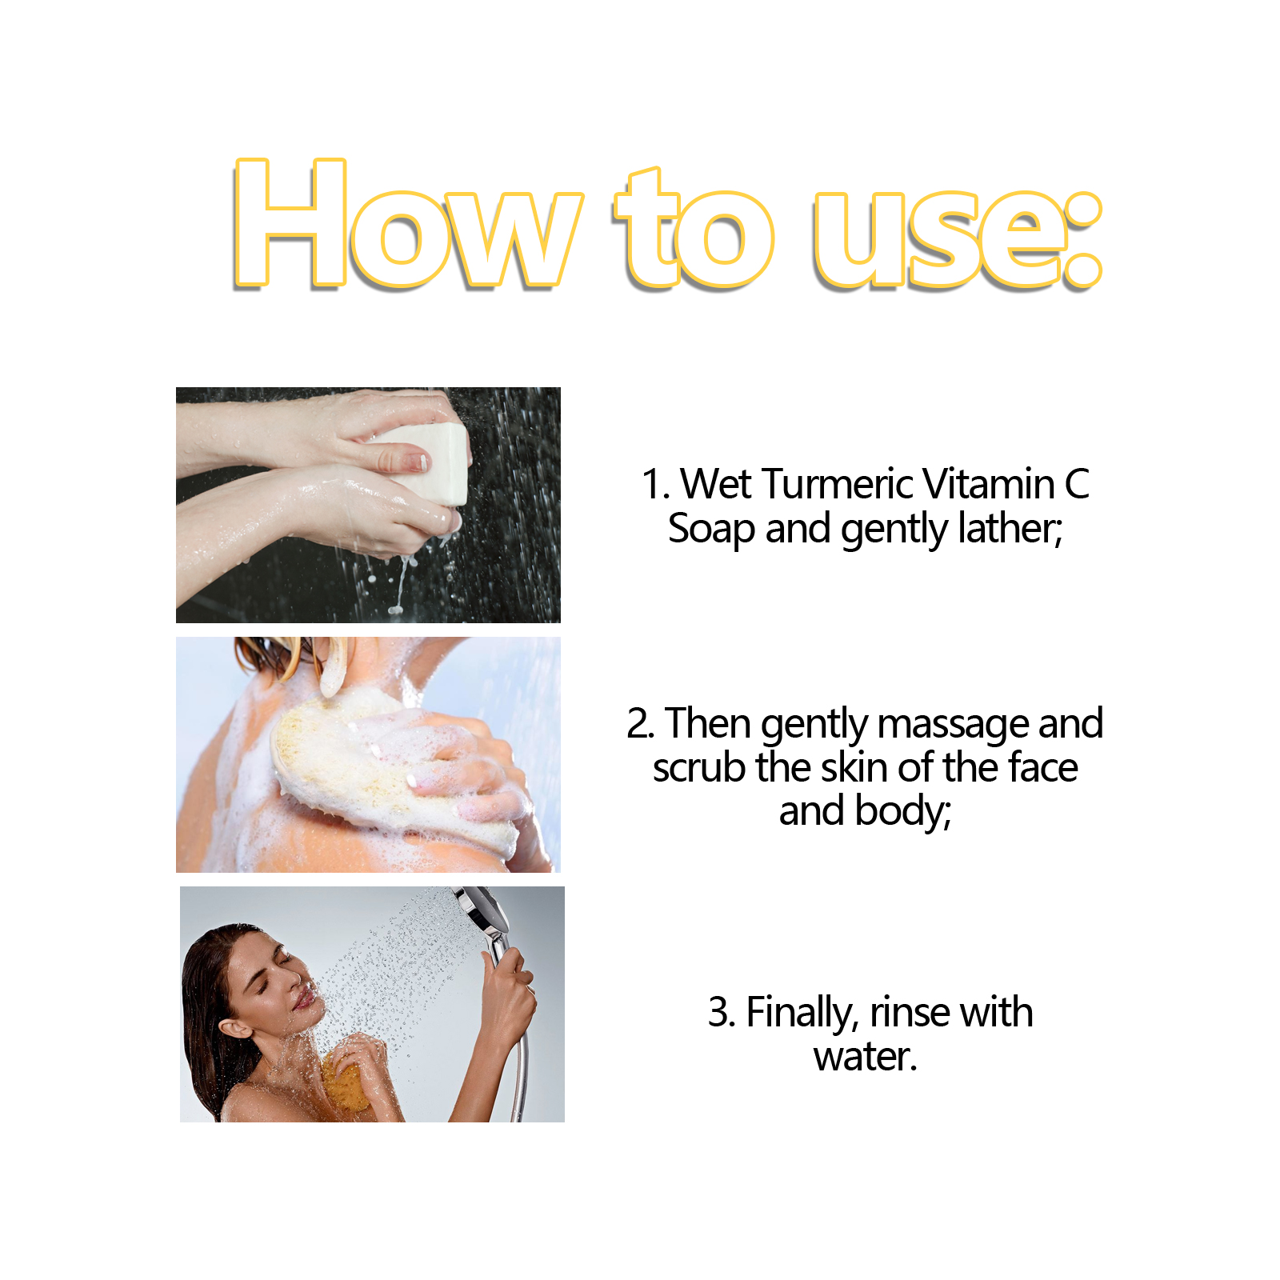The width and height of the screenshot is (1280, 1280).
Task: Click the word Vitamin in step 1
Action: (x=989, y=484)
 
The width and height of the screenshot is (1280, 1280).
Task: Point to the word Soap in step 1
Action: (x=710, y=529)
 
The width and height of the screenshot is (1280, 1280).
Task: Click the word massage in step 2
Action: (x=953, y=725)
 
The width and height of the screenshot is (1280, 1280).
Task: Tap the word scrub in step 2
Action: (x=700, y=767)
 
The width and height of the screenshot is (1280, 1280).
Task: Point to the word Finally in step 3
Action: (x=802, y=1013)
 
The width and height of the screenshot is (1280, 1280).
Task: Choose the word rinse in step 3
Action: (x=910, y=1013)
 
